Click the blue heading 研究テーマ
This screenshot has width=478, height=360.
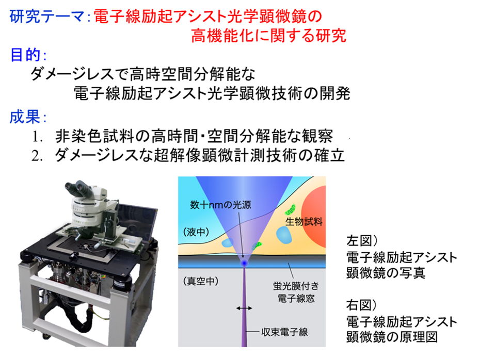point(46,17)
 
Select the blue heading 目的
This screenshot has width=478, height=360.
point(25,55)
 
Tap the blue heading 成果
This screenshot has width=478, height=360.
point(25,117)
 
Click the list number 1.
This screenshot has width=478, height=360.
point(37,137)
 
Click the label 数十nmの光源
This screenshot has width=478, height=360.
point(221,205)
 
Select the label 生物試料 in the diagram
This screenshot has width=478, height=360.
point(304,222)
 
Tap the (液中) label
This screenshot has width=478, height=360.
point(196,232)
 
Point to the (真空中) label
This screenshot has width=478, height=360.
point(201,281)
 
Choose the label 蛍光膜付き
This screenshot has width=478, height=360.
point(296,286)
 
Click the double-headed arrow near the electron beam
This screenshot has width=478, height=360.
point(244,308)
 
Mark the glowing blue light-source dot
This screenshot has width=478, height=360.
point(244,263)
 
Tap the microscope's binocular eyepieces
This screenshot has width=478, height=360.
point(78,188)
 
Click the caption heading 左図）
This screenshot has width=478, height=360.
point(362,241)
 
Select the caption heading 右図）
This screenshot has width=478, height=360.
point(362,305)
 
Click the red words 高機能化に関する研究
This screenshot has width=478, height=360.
point(269,36)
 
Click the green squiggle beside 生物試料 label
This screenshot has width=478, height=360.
point(290,209)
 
